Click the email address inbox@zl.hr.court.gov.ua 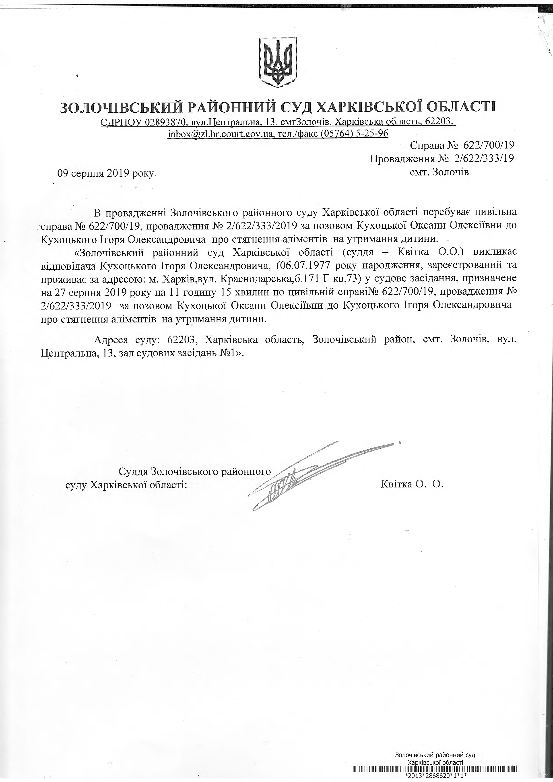coord(221,134)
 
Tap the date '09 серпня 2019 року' coord(106,173)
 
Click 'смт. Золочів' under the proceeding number coord(440,172)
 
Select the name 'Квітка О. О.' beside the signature coord(412,484)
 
